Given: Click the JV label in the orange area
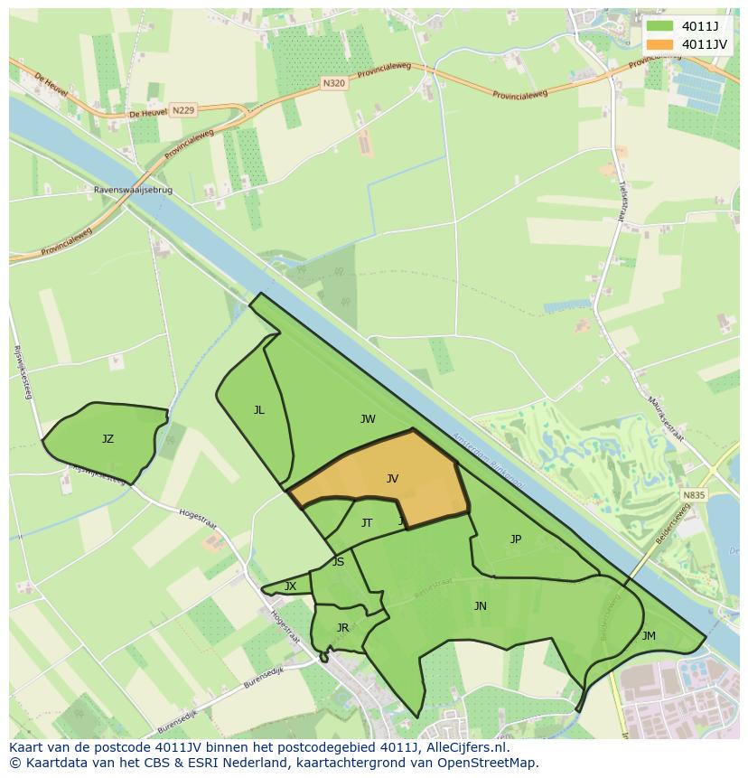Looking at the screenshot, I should tap(392, 479).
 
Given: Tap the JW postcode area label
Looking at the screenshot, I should tap(368, 419).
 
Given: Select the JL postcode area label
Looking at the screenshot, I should tap(259, 410).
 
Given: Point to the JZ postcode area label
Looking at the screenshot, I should tap(108, 439).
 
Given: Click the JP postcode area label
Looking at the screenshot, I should tap(516, 539).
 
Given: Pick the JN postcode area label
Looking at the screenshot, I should tap(481, 606).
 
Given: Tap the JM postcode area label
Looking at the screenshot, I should tap(649, 636).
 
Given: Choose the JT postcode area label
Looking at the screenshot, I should tap(367, 523).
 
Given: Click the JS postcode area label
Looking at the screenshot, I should tap(338, 562).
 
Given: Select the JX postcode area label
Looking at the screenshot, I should tap(290, 586).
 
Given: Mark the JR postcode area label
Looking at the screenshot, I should tap(342, 628).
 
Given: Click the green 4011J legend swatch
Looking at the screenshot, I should tap(660, 26).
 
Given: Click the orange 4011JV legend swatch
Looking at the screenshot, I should tap(660, 44).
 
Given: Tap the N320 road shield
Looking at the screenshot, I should tap(333, 82).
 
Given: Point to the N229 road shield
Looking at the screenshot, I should tap(182, 110).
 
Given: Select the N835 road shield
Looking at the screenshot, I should tap(694, 495).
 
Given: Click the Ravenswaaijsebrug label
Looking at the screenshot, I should tap(133, 192).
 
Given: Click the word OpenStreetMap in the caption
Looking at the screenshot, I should tap(488, 763).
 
